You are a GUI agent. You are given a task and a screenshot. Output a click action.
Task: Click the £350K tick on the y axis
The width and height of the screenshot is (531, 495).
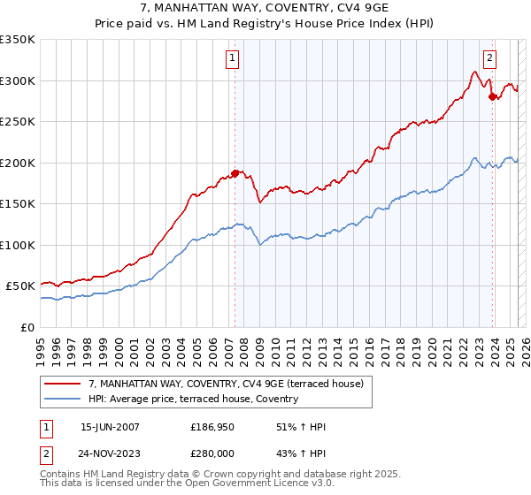click(18, 40)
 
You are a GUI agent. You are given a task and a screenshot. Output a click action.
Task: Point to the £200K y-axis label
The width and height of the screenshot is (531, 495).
click(18, 163)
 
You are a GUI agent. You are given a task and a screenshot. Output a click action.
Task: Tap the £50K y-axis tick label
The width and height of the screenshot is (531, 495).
click(20, 286)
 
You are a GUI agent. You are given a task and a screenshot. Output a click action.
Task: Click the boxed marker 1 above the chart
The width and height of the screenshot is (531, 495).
click(232, 59)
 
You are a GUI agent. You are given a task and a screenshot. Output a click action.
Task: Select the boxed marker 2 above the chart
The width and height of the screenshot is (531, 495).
click(489, 59)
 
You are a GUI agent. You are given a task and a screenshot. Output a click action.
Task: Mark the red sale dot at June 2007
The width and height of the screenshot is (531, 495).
click(235, 173)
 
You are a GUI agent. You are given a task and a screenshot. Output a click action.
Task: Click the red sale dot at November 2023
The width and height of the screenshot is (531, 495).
click(492, 96)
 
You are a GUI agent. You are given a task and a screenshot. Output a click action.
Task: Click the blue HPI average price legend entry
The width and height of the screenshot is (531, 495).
click(193, 400)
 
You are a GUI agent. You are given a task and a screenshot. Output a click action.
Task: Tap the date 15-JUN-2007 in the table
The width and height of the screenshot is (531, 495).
click(110, 427)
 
